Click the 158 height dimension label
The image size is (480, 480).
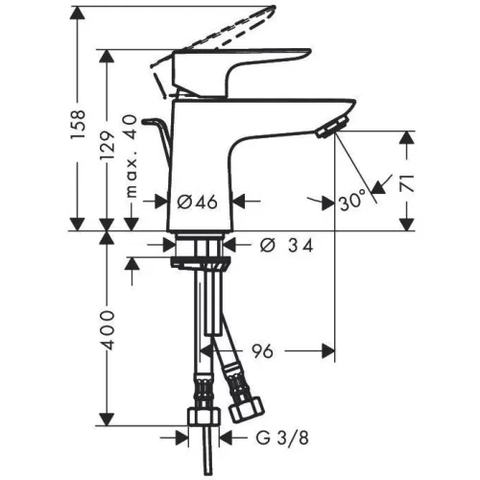79,124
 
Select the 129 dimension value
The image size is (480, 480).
108,146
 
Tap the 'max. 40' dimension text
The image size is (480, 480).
132,156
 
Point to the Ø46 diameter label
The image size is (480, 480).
198,202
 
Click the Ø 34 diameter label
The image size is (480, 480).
286,246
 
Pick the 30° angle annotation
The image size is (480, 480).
352,201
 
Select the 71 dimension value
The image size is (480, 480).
407,183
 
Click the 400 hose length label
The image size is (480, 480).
108,329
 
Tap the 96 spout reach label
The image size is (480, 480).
262,351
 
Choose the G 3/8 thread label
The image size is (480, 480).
282,438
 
